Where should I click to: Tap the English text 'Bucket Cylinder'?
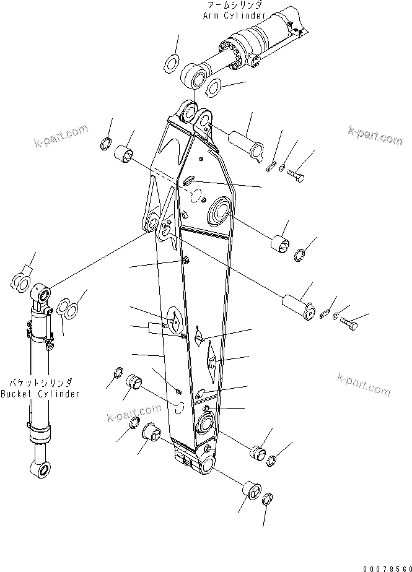coord(40,394)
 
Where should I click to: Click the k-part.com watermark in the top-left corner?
coord(62,138)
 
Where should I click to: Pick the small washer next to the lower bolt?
coord(335,317)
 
